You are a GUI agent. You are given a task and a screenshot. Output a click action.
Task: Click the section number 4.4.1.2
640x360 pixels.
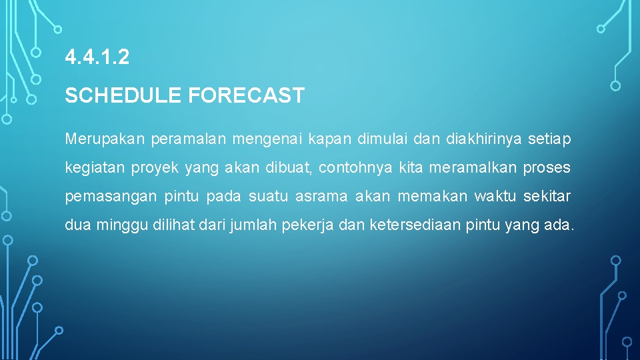[x=97, y=58]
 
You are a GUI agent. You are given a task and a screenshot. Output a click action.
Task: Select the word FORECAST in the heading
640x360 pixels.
[x=246, y=96]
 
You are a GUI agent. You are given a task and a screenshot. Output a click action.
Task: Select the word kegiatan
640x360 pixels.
[x=94, y=168]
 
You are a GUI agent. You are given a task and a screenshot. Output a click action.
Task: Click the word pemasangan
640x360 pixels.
[x=111, y=197]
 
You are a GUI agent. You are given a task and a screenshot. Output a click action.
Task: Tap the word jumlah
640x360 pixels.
[x=249, y=225]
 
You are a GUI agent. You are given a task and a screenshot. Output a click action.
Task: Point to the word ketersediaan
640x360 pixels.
[x=413, y=225]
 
